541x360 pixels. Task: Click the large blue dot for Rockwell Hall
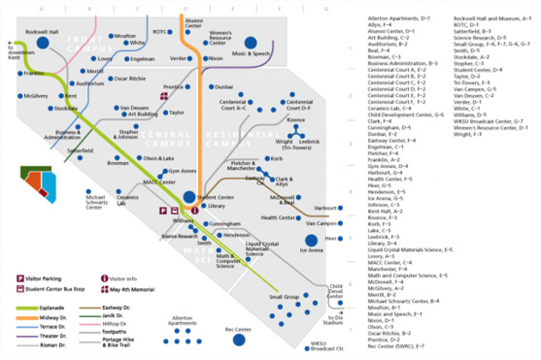42,43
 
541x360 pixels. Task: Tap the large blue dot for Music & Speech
251,43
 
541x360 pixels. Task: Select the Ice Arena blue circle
311,240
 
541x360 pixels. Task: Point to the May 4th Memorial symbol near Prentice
164,96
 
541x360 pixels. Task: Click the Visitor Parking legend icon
20,279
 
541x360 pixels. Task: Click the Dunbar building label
224,87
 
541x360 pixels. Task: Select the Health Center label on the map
278,217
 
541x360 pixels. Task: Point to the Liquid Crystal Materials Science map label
261,249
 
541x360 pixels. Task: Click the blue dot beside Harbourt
340,208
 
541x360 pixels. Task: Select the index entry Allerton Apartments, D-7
398,18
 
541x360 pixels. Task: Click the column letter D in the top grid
185,8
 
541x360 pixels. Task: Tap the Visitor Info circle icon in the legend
105,279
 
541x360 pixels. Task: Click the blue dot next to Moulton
111,36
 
